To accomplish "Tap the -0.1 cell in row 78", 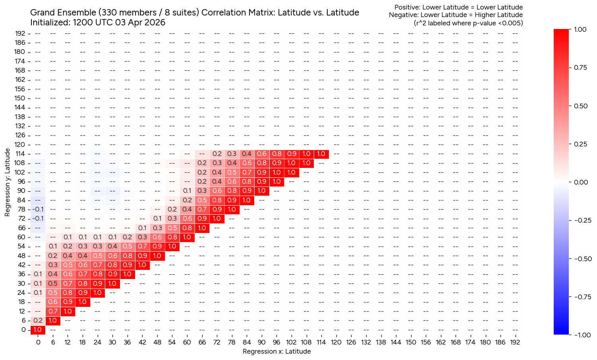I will tap(38, 209).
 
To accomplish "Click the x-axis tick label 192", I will tap(515, 342).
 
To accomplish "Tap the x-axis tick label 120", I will tap(336, 342).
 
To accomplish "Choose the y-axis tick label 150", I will tap(20, 98).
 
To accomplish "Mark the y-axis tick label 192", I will tap(20, 33).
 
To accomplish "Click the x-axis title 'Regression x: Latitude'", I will tap(276, 351).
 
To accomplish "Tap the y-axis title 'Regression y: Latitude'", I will tap(8, 182).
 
